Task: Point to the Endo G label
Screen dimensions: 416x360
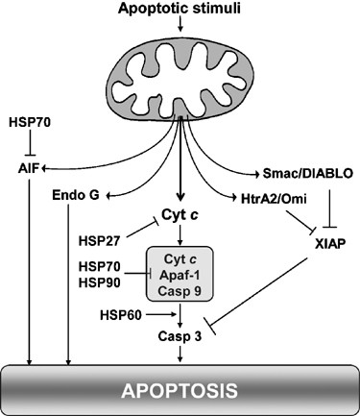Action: pos(78,196)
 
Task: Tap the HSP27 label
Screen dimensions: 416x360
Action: pos(101,236)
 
